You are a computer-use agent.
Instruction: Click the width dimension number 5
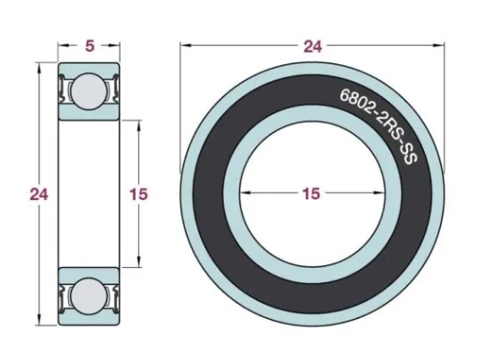click(90, 46)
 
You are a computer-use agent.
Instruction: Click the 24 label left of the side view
click(38, 194)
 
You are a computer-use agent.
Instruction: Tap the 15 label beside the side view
click(138, 194)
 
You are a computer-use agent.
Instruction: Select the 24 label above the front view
click(312, 46)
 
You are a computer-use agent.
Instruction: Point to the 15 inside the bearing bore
click(312, 193)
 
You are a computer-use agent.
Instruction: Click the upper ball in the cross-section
click(88, 91)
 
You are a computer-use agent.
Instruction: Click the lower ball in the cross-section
click(88, 296)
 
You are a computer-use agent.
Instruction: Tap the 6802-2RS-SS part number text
click(378, 126)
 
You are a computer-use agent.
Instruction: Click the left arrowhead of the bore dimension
click(246, 192)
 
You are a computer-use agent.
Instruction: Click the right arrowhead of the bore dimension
click(378, 192)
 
